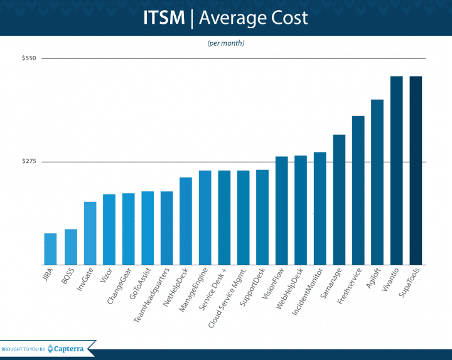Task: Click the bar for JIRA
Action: [x=50, y=249]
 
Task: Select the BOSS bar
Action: [x=70, y=247]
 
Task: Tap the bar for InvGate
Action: [x=90, y=233]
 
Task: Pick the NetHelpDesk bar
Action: [x=186, y=221]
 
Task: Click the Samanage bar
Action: [x=339, y=199]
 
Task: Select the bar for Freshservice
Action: [x=358, y=190]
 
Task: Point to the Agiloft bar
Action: [x=377, y=182]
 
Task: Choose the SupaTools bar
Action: [x=416, y=171]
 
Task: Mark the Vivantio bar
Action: [x=397, y=171]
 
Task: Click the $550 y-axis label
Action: [x=30, y=58]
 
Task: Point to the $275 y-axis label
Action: [x=30, y=162]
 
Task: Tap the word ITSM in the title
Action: [x=162, y=18]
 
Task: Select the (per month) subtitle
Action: [x=226, y=43]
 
